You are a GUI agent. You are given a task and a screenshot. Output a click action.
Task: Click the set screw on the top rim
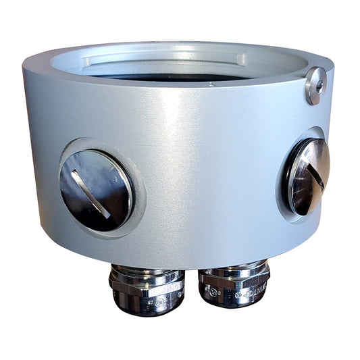[x=315, y=86]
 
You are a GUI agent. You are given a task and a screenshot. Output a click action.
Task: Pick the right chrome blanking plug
[x=308, y=176]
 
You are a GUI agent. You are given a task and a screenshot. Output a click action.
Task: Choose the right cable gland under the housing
[x=234, y=284]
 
